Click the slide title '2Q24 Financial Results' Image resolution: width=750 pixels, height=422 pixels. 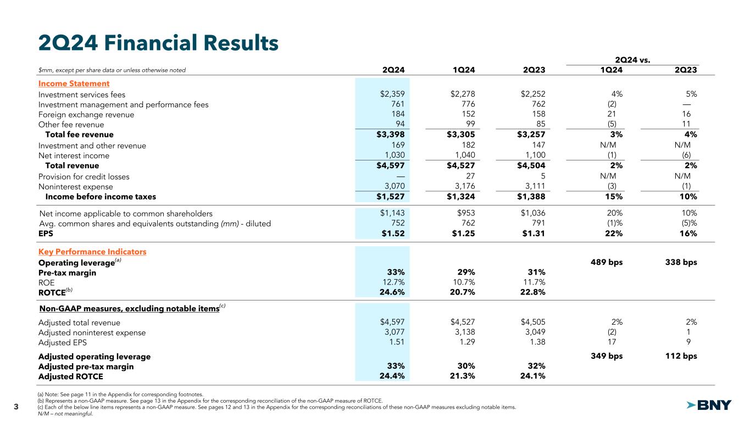click(158, 42)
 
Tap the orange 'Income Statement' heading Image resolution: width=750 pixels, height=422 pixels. click(74, 84)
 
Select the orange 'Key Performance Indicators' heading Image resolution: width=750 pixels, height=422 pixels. click(92, 252)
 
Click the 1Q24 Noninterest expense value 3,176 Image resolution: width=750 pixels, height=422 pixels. click(463, 187)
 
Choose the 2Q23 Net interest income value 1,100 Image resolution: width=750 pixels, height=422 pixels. click(533, 156)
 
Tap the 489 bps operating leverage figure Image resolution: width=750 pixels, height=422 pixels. click(604, 262)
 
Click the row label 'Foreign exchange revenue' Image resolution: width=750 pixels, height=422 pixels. click(86, 115)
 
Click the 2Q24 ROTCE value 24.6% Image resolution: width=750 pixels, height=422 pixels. click(392, 292)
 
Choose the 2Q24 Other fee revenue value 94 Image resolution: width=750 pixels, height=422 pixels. click(399, 125)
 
